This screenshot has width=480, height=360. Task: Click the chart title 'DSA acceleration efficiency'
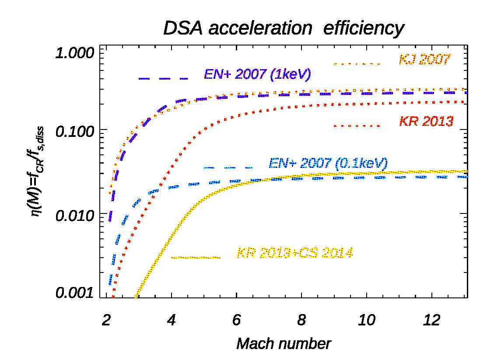coord(283,29)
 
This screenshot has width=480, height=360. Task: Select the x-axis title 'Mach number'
coord(284,343)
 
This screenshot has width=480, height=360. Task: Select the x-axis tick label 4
coord(172,320)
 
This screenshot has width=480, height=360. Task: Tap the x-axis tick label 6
coord(236,320)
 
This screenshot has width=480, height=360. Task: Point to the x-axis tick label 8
coord(301,320)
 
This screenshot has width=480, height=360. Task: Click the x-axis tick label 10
coord(366,320)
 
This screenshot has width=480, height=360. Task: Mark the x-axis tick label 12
coord(431,320)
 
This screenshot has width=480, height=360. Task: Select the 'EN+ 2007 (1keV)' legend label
coord(257,74)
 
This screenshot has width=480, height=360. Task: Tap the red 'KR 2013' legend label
coord(426,121)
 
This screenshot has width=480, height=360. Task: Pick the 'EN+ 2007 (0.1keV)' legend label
coord(328,164)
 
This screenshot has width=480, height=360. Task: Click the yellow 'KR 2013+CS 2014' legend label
coord(294,253)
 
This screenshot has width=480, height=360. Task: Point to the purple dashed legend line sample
coord(163,78)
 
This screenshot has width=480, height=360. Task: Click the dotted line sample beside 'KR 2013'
coord(357,126)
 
